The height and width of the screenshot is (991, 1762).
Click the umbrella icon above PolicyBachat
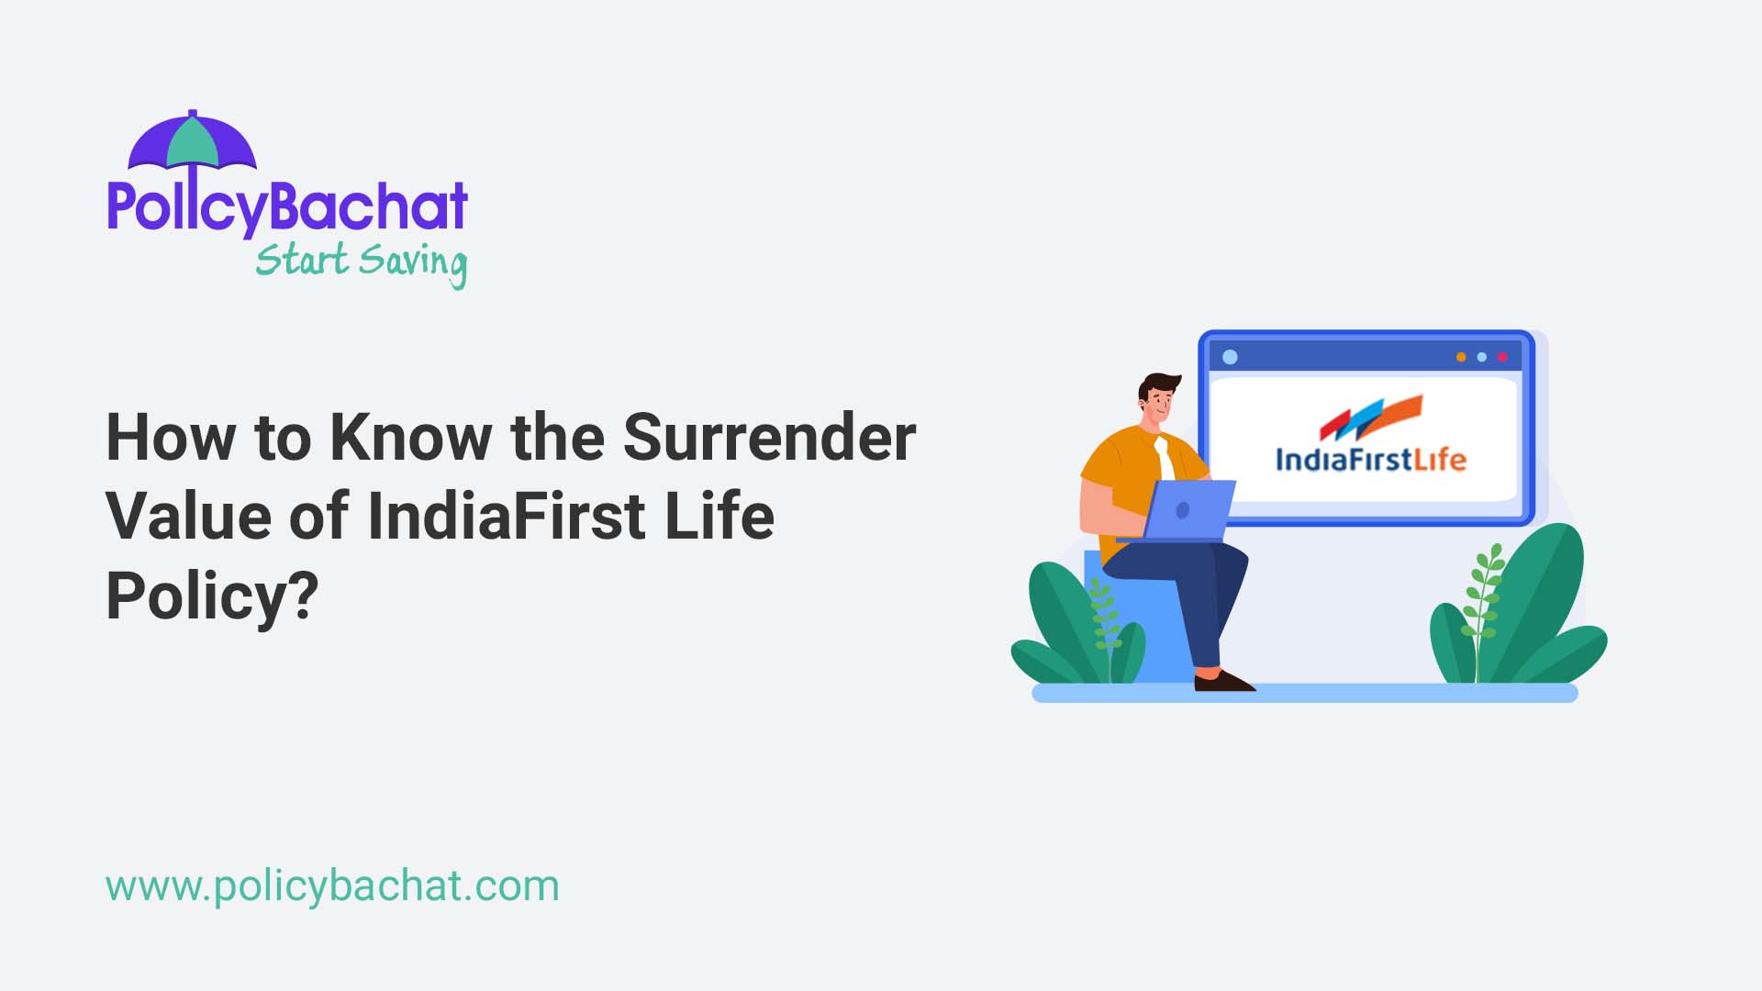click(192, 143)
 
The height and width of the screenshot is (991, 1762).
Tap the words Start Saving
click(361, 262)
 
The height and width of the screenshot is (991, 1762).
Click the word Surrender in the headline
click(769, 438)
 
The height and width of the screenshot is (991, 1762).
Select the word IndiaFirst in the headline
click(506, 517)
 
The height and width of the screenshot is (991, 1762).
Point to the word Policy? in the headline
click(212, 596)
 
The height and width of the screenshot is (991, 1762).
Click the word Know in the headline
click(410, 438)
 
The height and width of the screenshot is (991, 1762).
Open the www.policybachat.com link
click(332, 886)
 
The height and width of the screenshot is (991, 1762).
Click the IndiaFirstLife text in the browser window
click(1371, 459)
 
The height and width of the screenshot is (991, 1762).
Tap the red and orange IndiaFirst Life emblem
click(1371, 418)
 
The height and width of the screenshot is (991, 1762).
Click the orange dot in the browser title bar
click(1461, 357)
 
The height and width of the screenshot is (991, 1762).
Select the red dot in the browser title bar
click(1502, 357)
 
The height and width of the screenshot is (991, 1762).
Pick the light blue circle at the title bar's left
click(1231, 357)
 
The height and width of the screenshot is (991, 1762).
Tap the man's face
click(1160, 402)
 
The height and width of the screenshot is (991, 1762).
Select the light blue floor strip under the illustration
click(1304, 694)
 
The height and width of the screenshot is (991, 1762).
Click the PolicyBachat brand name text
click(287, 206)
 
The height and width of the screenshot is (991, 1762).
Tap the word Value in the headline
click(188, 517)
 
